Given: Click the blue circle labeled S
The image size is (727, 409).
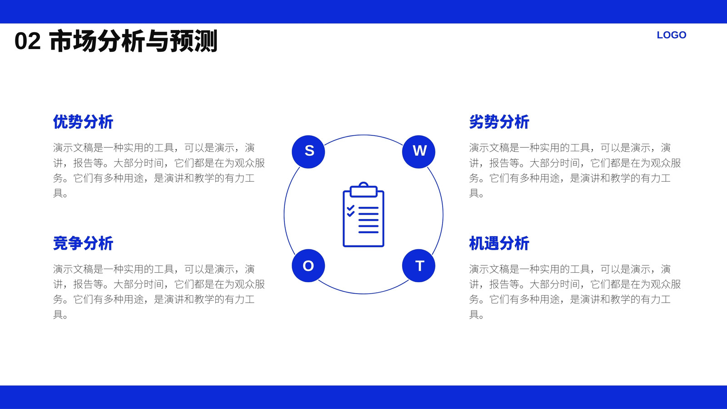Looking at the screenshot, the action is [309, 152].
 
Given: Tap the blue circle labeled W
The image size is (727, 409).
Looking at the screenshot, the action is [418, 152].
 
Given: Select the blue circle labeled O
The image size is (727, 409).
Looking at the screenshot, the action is [309, 265].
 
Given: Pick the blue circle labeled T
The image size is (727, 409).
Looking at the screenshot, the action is [418, 265].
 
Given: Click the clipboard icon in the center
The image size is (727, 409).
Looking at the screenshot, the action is [363, 214].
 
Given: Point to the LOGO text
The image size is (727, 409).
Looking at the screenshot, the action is [672, 35].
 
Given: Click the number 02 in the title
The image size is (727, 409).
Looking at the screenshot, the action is [28, 41].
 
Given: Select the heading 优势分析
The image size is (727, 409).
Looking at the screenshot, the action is [83, 122].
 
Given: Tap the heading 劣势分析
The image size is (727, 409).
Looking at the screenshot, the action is [499, 122].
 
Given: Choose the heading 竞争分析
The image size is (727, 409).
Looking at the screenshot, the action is [83, 244].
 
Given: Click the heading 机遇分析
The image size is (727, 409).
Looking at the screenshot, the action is [499, 244].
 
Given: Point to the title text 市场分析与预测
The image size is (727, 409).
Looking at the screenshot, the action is [134, 41].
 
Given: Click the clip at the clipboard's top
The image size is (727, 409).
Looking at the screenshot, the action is [363, 190].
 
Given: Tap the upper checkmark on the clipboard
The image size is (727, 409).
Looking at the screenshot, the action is [350, 208].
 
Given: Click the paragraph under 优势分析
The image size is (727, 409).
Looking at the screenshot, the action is [159, 170].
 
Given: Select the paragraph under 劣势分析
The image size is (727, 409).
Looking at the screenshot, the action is [575, 170].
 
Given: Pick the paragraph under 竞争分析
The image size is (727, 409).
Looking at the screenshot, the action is [159, 292].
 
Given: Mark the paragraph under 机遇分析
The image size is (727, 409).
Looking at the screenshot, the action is [575, 292].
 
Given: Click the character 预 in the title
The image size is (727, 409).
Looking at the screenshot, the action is [181, 41].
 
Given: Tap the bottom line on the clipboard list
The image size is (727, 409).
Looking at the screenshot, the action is [368, 232].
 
